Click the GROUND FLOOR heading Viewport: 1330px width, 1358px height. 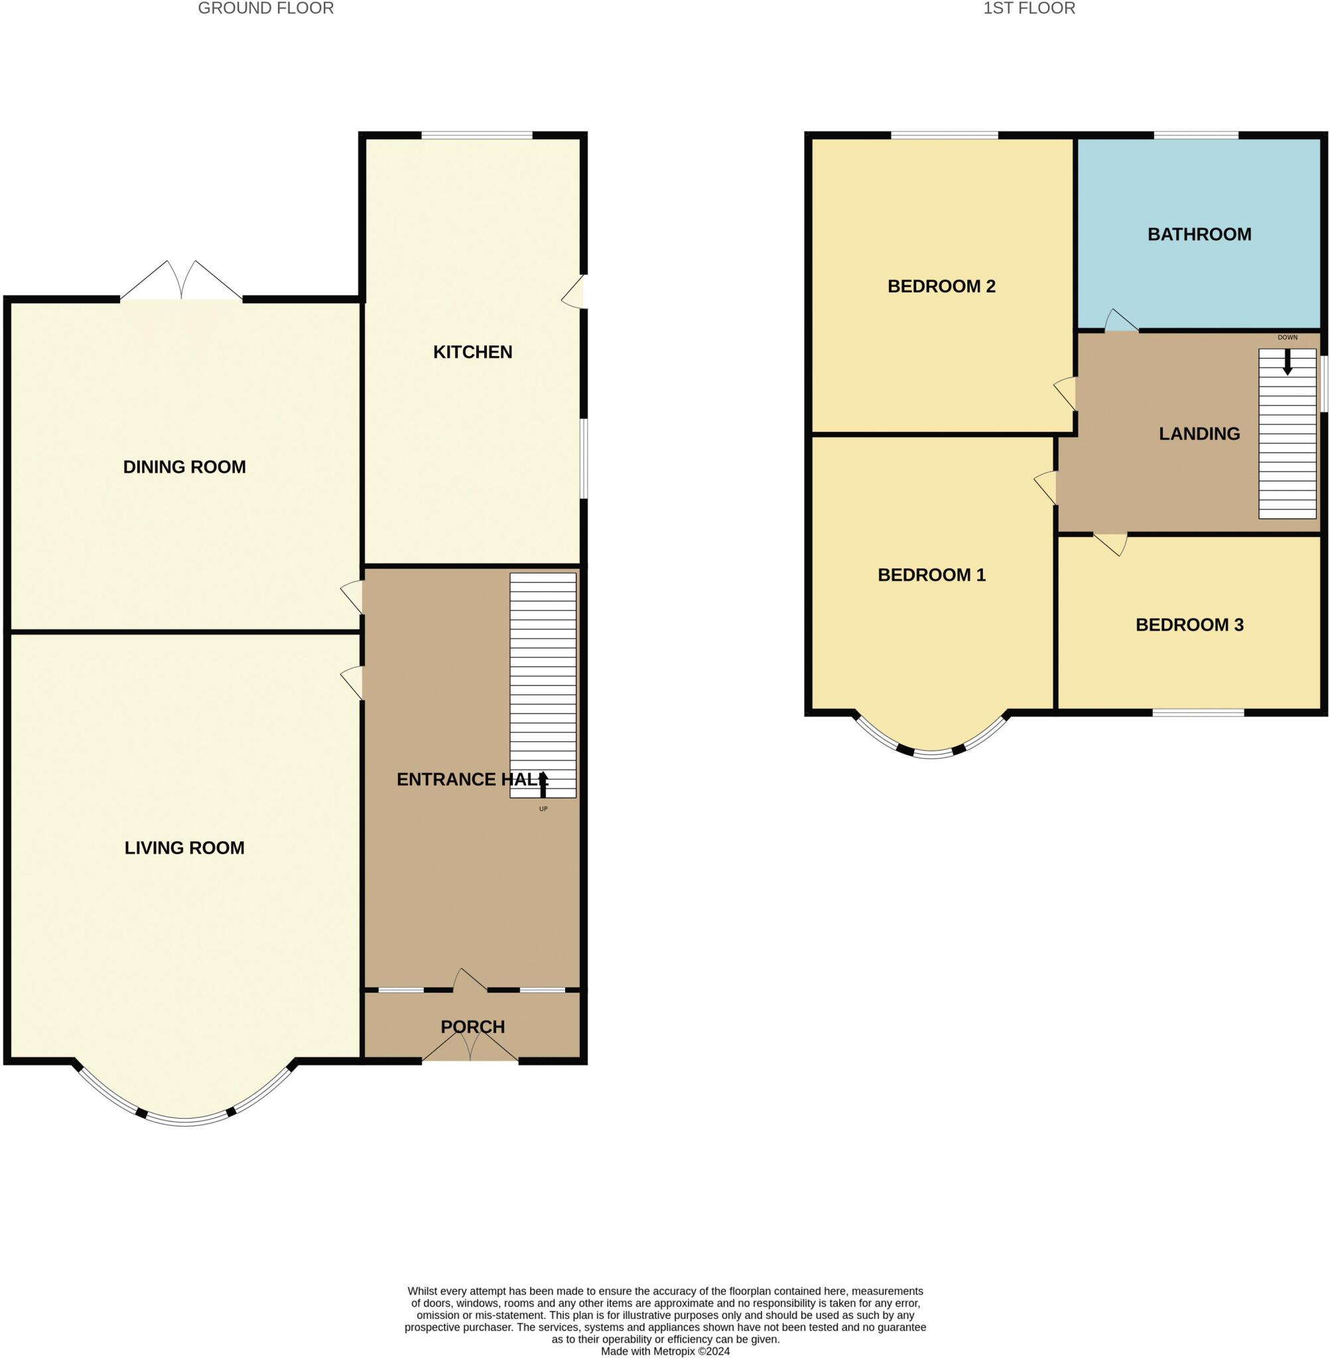coord(265,9)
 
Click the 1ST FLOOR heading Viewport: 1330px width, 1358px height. coord(1029,9)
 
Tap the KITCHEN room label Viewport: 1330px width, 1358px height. coord(472,352)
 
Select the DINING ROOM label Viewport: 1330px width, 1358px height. coord(184,467)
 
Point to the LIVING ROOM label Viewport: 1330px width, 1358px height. coord(184,847)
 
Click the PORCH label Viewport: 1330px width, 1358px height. coord(472,1026)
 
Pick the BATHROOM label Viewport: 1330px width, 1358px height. coord(1199,235)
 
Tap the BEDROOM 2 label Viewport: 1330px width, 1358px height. coord(941,286)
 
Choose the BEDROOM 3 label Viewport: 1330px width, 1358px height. coord(1189,625)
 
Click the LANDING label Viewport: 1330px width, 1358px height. coord(1199,434)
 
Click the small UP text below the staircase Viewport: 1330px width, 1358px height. coord(543,809)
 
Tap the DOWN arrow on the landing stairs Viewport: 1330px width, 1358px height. coord(1288,361)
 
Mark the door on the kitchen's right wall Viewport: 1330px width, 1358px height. coord(575,292)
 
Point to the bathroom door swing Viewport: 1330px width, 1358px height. coord(1120,321)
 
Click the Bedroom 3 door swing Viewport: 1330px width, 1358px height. coord(1111,543)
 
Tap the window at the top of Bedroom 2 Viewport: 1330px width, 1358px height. coord(944,135)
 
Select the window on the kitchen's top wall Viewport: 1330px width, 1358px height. coord(476,135)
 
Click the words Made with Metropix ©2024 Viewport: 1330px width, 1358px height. coord(665,1351)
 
